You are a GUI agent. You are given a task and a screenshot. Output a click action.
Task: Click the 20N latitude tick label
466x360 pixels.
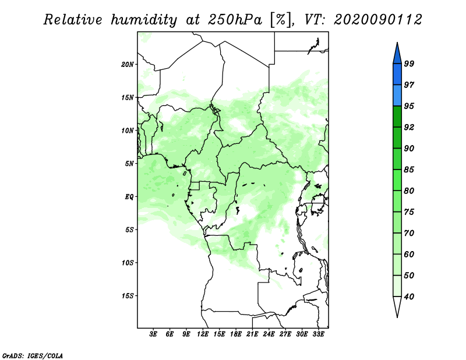tap(128, 64)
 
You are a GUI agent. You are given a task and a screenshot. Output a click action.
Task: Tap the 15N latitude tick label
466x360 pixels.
tap(128, 97)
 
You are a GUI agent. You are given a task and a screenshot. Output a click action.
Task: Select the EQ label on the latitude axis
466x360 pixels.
tap(129, 197)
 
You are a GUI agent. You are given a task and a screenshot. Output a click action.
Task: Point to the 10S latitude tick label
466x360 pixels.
tap(128, 263)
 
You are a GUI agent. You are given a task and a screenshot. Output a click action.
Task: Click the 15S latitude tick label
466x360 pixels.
tap(128, 296)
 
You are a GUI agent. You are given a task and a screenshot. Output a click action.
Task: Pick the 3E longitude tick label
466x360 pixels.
tap(154, 335)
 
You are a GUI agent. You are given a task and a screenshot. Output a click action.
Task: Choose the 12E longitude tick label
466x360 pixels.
tap(203, 335)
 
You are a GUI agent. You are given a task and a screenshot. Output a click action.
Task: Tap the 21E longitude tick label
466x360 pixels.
tap(252, 335)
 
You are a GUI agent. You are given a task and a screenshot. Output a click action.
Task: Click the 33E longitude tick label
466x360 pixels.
tap(318, 335)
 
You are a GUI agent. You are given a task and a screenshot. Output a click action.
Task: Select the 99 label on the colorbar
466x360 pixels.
tap(409, 64)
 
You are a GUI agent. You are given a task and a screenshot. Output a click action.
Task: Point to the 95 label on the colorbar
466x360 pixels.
tap(409, 106)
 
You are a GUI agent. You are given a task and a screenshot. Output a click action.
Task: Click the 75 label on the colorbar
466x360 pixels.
tap(409, 212)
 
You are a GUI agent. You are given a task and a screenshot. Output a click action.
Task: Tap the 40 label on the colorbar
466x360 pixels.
tap(409, 297)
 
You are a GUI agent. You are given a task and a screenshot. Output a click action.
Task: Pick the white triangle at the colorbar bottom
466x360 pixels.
tap(397, 306)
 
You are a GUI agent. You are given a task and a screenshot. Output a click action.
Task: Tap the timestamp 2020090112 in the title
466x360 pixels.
tap(378, 20)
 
